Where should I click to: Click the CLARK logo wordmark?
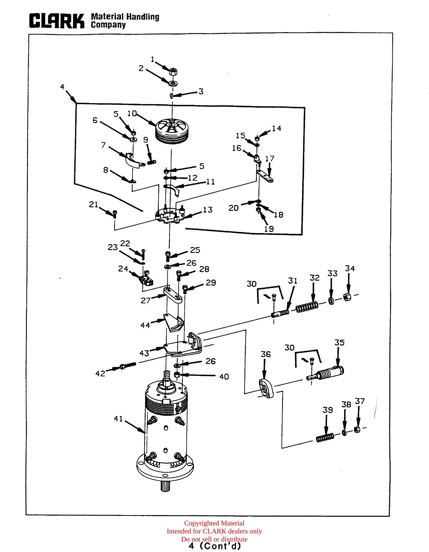pyautogui.click(x=57, y=21)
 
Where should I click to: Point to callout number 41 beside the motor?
pyautogui.click(x=118, y=419)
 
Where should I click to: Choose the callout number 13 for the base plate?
pyautogui.click(x=208, y=210)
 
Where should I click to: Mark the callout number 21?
pyautogui.click(x=93, y=204)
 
